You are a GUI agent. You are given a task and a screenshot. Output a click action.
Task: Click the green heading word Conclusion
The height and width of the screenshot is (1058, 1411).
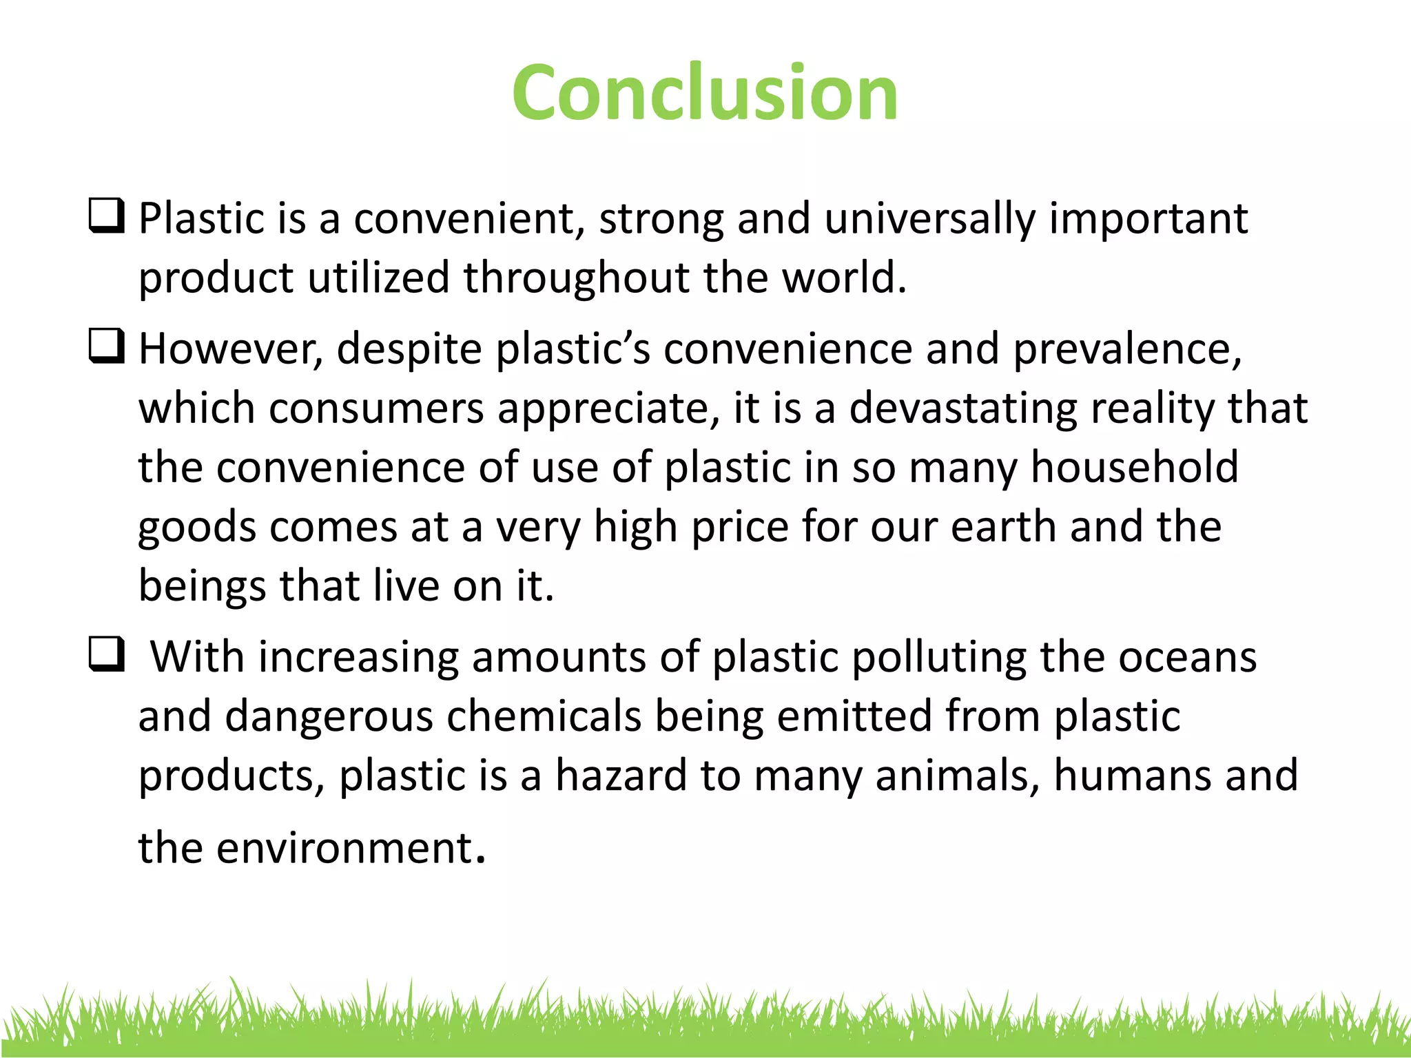705,93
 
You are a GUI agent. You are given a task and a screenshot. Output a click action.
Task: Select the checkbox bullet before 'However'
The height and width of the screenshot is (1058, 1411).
107,346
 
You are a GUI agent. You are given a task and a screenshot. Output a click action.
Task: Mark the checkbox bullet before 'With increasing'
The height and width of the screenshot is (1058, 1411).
107,654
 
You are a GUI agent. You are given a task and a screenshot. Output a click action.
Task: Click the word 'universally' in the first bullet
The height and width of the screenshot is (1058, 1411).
929,219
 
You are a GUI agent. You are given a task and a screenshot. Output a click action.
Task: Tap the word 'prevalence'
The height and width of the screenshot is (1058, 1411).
1126,349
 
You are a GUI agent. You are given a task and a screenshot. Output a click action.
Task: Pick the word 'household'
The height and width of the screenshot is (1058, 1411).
1134,467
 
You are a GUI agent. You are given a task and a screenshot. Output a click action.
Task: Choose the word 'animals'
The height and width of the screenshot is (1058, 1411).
958,776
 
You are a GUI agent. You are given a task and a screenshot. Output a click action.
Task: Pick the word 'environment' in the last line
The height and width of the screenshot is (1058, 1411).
344,848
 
